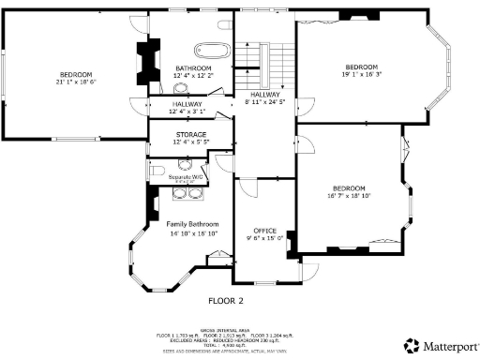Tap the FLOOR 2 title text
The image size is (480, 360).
point(225,301)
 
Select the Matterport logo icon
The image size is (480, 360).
point(411,344)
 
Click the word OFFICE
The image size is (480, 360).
point(264,230)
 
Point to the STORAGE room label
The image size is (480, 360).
point(190,134)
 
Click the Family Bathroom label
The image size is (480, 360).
point(192,225)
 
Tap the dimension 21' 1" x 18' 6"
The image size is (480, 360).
point(76,82)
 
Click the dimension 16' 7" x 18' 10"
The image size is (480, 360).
point(350,196)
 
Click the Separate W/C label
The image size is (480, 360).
point(186,176)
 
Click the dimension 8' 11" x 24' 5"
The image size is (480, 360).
point(265,102)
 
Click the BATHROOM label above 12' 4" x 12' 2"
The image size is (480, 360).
point(193,68)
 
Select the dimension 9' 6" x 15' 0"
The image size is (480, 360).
point(264,238)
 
